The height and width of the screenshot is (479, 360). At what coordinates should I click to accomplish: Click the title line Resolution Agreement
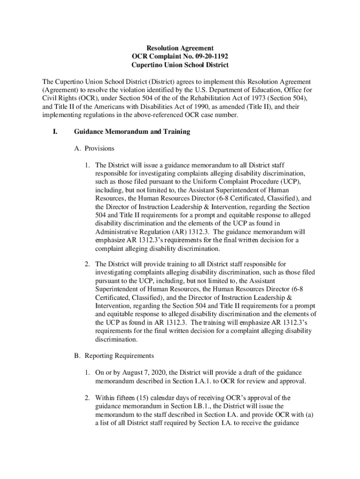(x=180, y=48)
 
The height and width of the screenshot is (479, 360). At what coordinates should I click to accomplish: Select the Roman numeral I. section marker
(x=54, y=132)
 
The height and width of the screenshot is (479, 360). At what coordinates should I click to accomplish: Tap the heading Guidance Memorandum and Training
(x=132, y=132)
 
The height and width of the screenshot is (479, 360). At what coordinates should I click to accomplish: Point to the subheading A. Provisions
(x=94, y=148)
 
